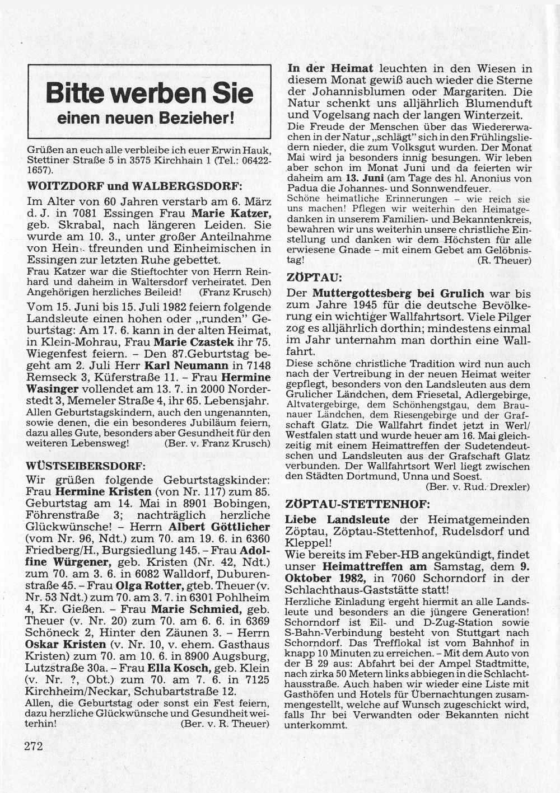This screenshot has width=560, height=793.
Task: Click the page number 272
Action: click(34, 745)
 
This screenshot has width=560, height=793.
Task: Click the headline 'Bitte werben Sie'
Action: click(149, 93)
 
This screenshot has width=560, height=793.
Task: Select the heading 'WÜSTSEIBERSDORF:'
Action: click(86, 466)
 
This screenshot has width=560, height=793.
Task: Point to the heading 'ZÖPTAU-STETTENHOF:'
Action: click(358, 504)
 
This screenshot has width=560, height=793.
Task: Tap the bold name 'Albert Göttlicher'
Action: click(220, 527)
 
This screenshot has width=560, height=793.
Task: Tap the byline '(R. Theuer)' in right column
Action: click(504, 260)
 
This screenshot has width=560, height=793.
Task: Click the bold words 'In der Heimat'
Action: click(330, 68)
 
